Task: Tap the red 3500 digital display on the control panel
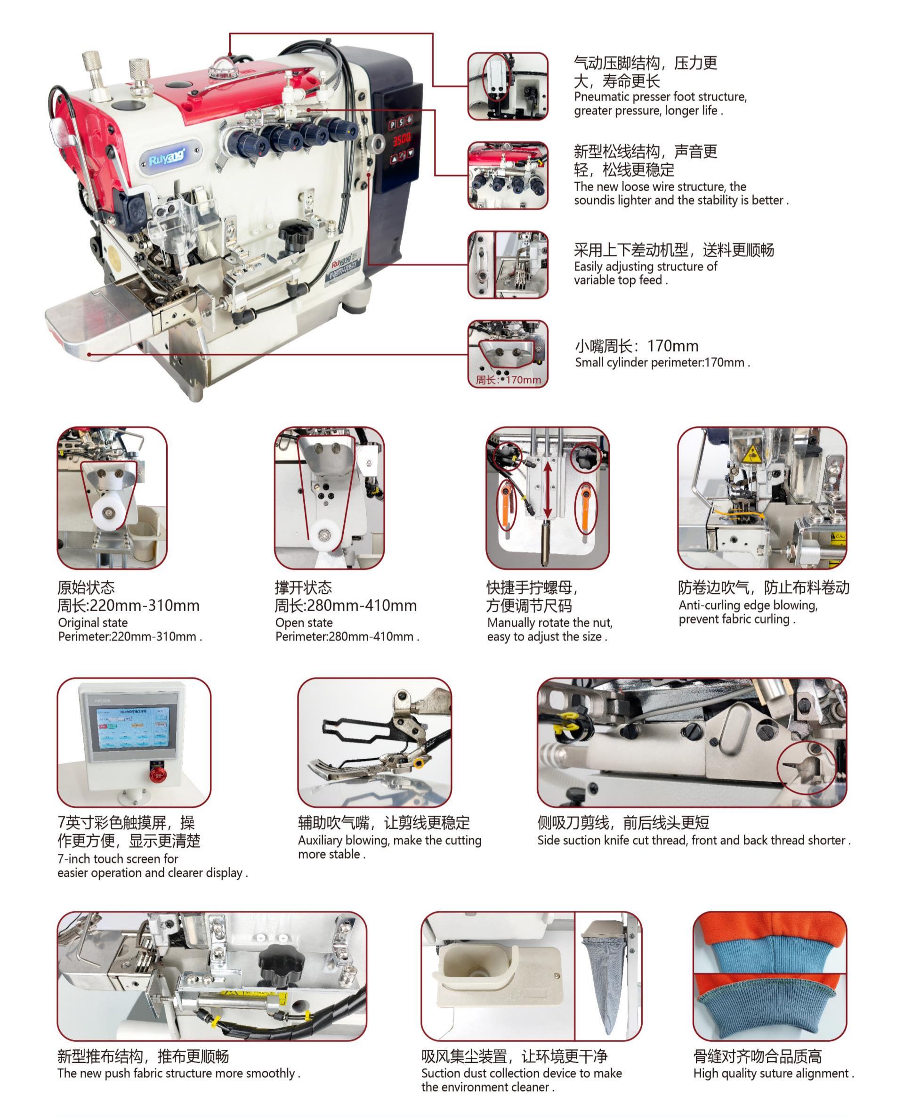402,139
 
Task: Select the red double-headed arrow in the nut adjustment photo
547,490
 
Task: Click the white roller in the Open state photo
326,533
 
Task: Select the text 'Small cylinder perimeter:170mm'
662,363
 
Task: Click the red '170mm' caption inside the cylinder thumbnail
509,380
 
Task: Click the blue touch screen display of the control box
128,728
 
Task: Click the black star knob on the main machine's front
295,233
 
